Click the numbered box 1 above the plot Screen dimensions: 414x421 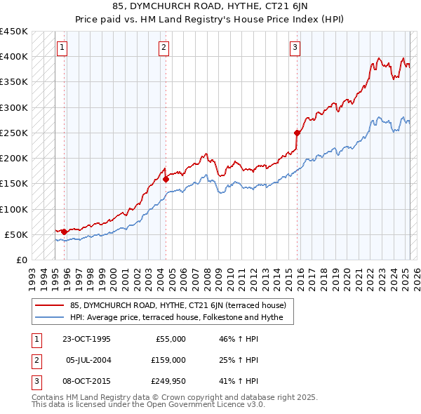click(x=62, y=48)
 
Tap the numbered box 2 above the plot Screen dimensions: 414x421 click(x=163, y=48)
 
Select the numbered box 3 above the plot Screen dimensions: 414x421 click(x=295, y=48)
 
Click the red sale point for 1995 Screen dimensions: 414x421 click(x=64, y=232)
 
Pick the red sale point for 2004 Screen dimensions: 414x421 click(x=166, y=179)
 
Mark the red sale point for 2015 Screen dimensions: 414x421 click(x=297, y=133)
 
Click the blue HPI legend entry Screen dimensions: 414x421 click(x=176, y=318)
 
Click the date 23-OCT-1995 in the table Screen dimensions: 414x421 click(x=86, y=339)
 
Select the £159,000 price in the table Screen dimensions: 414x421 click(x=168, y=360)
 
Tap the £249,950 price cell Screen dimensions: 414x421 click(x=168, y=381)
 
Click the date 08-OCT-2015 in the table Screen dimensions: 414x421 click(x=86, y=381)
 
